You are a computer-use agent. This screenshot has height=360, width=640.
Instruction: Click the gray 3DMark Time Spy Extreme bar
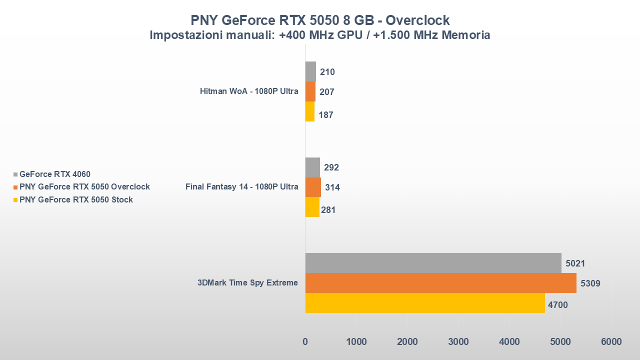pyautogui.click(x=433, y=263)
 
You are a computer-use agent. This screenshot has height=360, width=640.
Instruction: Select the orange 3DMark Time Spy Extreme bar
pyautogui.click(x=440, y=283)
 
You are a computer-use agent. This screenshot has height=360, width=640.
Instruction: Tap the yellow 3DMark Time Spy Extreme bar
pyautogui.click(x=425, y=303)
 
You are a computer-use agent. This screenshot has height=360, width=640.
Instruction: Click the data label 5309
pyautogui.click(x=590, y=283)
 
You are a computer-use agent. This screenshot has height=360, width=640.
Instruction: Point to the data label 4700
pyautogui.click(x=558, y=304)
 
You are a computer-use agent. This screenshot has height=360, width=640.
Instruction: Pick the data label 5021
pyautogui.click(x=575, y=263)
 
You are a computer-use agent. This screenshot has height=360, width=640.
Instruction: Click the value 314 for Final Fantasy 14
pyautogui.click(x=332, y=187)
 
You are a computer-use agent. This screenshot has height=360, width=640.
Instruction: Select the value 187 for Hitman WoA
pyautogui.click(x=326, y=115)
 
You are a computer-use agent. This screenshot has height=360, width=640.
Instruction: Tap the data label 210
pyautogui.click(x=327, y=72)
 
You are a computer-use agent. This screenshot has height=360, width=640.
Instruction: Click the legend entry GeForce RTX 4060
pyautogui.click(x=54, y=174)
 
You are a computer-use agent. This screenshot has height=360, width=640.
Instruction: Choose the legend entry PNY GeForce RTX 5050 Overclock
pyautogui.click(x=84, y=187)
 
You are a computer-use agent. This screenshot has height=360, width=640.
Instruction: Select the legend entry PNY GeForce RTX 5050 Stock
pyautogui.click(x=76, y=200)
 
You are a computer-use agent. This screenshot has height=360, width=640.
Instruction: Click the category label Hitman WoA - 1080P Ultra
pyautogui.click(x=249, y=91)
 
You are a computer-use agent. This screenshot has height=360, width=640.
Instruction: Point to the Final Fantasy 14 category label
pyautogui.click(x=241, y=187)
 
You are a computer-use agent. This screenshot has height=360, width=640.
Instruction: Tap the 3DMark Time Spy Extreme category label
pyautogui.click(x=247, y=283)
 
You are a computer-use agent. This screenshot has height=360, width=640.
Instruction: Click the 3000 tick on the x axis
pyautogui.click(x=458, y=342)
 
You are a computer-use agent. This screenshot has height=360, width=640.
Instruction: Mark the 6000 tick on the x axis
pyautogui.click(x=611, y=342)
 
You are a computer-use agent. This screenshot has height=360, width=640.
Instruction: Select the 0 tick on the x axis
pyautogui.click(x=305, y=342)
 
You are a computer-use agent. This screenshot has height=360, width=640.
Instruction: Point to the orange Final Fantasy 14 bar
pyautogui.click(x=313, y=187)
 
